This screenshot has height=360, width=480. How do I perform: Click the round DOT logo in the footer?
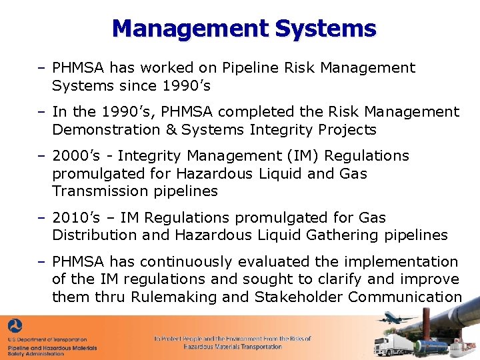pos(15,327)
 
